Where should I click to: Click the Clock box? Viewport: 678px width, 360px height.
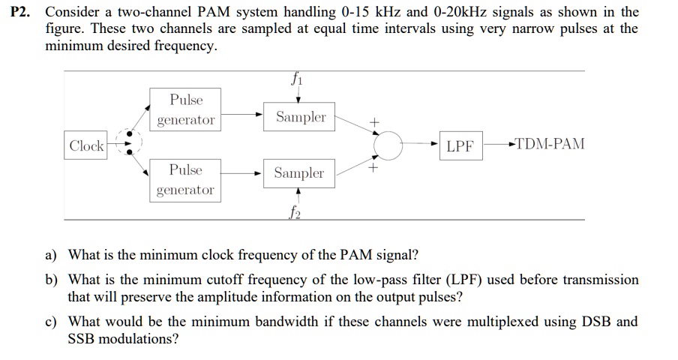point(86,145)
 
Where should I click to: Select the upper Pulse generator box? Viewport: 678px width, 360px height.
point(185,110)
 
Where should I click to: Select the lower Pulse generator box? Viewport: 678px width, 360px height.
point(185,180)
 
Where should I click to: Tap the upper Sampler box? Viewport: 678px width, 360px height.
point(300,117)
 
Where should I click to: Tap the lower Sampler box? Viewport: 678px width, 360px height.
point(298,173)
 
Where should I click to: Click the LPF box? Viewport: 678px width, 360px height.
point(460,146)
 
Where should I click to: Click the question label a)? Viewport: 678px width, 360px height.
point(51,254)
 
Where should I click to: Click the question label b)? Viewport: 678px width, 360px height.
point(51,280)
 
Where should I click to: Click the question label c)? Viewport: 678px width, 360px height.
point(51,322)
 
